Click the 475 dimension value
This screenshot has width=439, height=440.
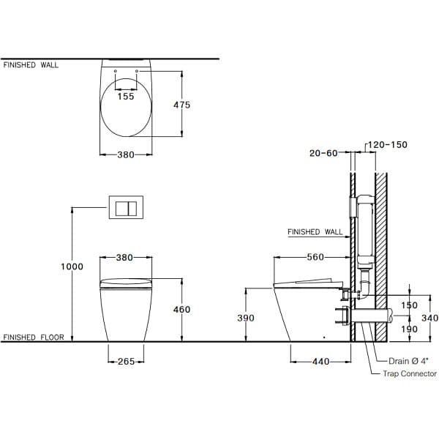coord(181,105)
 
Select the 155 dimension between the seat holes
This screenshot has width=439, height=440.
coord(126,97)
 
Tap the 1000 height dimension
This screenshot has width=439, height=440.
coord(72,266)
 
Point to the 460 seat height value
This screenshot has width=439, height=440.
coord(181,310)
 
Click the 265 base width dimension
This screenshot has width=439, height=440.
coord(127,362)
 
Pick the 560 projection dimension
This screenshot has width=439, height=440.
coord(315,257)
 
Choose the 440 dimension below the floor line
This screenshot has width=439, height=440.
coord(321,362)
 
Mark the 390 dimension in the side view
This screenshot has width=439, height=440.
coord(246,318)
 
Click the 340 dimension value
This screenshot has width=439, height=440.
coord(429,318)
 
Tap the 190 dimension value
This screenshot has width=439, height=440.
coord(409,329)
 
